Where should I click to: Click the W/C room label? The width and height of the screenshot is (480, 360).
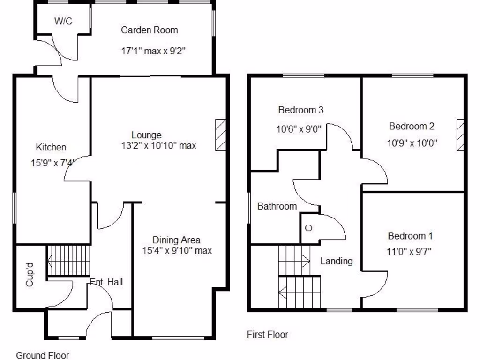coord(63,21)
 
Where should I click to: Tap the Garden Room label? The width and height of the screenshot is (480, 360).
coord(150,30)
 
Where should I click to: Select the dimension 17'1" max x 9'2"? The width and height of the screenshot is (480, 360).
coord(154,51)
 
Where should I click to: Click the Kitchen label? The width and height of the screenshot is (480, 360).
coord(51,147)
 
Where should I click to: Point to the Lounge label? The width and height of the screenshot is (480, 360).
coord(146,135)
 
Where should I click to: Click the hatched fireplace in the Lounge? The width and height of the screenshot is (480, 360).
coord(221,135)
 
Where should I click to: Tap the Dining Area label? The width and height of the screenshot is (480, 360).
coord(177,240)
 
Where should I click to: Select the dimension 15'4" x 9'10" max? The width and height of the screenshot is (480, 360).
coord(177,251)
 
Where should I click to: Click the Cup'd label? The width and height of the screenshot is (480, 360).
coord(30,275)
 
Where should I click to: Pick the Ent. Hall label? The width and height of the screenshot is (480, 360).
coord(106,282)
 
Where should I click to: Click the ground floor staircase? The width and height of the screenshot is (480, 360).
coord(68,261)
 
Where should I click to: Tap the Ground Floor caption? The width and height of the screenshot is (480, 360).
coord(43,355)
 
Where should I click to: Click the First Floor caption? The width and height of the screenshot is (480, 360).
coord(268,334)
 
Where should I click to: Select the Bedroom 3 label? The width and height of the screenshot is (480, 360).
coord(301,110)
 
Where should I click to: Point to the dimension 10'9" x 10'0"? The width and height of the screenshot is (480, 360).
coord(412,143)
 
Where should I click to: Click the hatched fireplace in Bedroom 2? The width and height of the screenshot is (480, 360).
coord(461,135)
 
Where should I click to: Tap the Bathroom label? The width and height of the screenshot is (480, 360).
coord(277,206)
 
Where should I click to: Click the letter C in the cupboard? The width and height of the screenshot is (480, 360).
coord(308,229)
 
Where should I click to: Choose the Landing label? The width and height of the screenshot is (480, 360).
coord(337,261)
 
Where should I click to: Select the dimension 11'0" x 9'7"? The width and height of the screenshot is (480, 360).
coord(410,251)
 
